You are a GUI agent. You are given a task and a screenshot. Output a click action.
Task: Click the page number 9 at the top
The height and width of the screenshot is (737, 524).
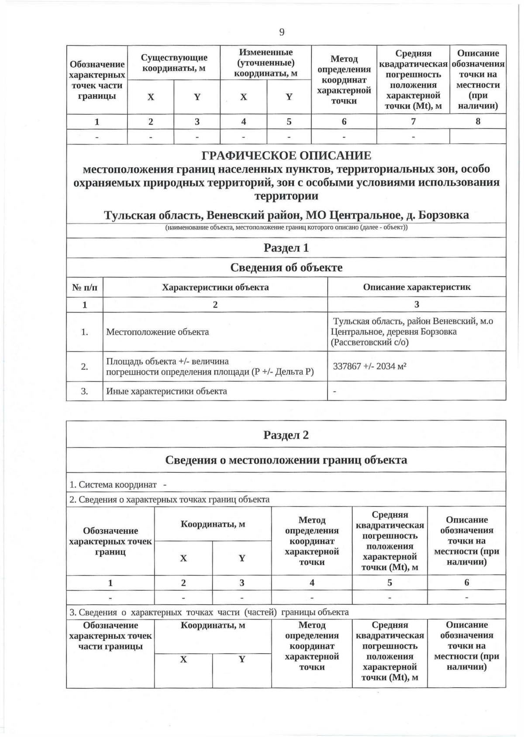pos(282,32)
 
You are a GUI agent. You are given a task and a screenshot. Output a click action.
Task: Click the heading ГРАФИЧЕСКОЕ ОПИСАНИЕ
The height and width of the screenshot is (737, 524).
pos(286,155)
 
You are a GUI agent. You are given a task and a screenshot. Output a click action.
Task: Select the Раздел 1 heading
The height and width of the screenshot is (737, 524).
pos(286,248)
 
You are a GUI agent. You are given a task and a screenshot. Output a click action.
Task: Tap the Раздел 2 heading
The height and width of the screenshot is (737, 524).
pos(286,435)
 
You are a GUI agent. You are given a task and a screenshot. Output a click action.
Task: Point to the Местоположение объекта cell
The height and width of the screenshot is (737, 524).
pos(158,332)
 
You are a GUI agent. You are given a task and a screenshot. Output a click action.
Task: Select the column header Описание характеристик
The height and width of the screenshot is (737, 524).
pos(417,287)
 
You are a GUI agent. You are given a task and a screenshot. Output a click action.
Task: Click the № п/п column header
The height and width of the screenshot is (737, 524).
pos(85,287)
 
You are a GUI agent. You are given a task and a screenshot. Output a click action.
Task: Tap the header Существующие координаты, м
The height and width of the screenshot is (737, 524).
pos(174,63)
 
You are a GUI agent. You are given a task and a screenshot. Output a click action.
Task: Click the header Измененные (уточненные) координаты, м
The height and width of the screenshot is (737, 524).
pos(265,63)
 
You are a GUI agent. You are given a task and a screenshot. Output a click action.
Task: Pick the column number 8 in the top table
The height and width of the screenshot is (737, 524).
pos(478,121)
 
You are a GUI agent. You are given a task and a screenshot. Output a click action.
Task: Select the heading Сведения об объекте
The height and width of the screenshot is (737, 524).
pos(286,267)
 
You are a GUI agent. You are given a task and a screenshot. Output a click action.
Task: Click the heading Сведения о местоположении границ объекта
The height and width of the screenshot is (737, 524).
pos(286,460)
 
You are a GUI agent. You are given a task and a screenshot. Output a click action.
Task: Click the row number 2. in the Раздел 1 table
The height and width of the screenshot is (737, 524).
pos(85,366)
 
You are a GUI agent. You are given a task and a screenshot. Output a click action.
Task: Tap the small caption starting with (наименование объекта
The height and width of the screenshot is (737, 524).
pos(286,227)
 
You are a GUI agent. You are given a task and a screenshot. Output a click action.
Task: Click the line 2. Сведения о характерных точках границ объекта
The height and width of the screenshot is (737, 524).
pos(169,499)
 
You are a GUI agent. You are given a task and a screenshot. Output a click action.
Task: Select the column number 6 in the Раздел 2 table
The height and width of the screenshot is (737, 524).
pos(466,582)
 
